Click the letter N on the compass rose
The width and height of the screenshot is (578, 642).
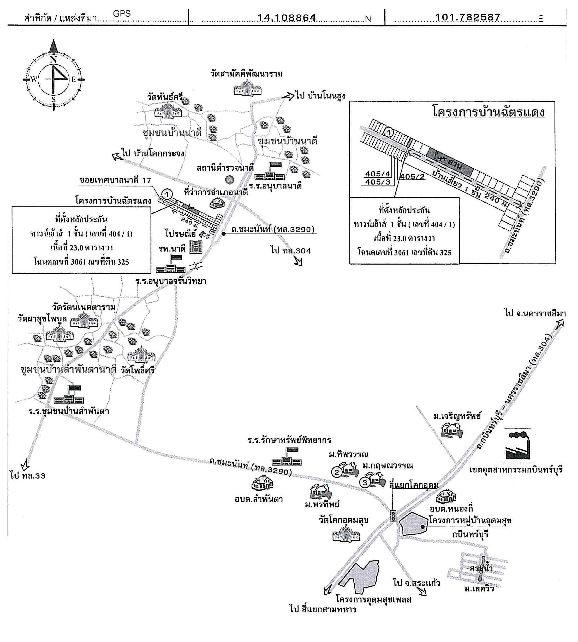tap(53, 60)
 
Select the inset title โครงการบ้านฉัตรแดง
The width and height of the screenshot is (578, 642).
tap(489, 112)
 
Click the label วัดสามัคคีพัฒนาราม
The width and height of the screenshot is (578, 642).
tap(246, 74)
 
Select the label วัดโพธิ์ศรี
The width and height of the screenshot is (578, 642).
tap(137, 370)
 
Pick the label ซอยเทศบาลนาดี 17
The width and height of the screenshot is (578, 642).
tap(115, 180)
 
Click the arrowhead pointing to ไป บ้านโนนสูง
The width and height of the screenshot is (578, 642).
tap(290, 96)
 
